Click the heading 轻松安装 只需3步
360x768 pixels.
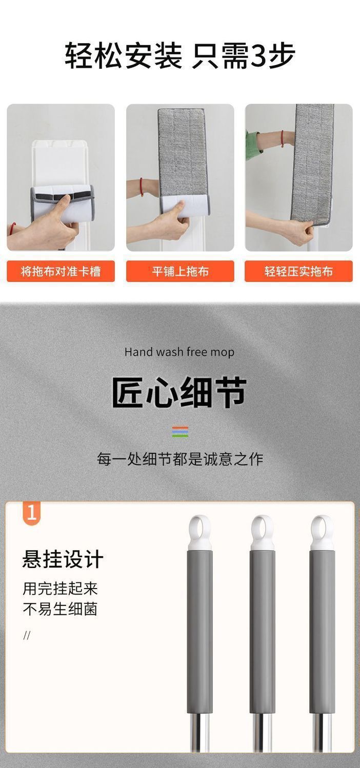(x=180, y=56)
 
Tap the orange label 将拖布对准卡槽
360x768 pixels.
(x=61, y=271)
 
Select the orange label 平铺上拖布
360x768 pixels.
(x=180, y=271)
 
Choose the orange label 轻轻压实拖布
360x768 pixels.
(x=298, y=271)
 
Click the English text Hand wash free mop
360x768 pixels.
(x=179, y=352)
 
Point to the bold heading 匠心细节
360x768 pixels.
(x=179, y=392)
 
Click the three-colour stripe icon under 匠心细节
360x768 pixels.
(x=180, y=432)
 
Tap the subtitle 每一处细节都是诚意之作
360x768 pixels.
(x=180, y=459)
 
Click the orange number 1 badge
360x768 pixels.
(x=32, y=513)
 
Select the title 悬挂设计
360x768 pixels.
(x=63, y=559)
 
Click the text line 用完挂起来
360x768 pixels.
(x=61, y=589)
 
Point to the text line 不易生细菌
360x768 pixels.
(x=61, y=609)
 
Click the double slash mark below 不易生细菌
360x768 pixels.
(x=27, y=635)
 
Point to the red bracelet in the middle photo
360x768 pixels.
(x=141, y=187)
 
